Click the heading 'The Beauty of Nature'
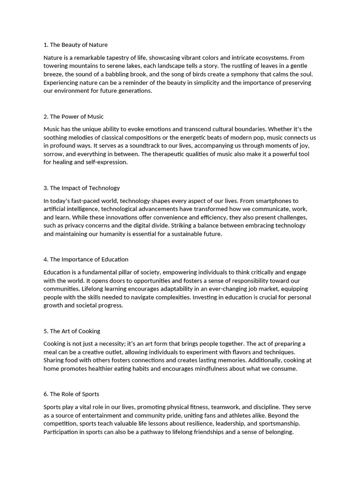click(x=78, y=45)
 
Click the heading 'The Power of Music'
click(x=76, y=117)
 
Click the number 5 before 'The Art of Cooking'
click(x=45, y=331)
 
